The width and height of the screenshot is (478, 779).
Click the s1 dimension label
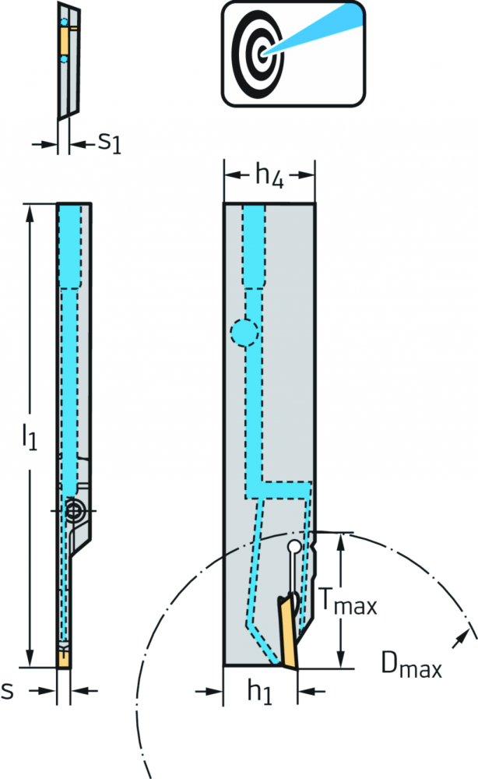[x=109, y=143]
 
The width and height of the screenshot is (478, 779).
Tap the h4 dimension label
[x=269, y=175]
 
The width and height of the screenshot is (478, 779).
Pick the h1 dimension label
[x=259, y=691]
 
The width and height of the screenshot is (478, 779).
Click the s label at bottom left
[x=7, y=690]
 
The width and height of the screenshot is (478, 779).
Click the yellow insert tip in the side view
[x=64, y=659]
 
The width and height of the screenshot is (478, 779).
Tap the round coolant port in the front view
[x=244, y=333]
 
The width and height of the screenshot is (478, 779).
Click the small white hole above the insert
[x=294, y=547]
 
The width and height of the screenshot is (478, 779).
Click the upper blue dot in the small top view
[x=63, y=23]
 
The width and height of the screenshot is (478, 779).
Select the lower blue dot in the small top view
[x=63, y=60]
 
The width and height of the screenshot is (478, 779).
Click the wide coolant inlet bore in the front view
[x=254, y=247]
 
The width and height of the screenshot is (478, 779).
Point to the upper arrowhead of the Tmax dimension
[x=340, y=542]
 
